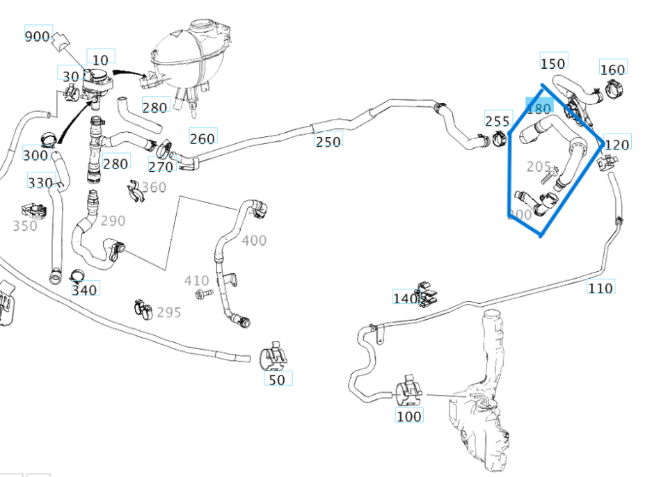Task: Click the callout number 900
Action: (x=38, y=36)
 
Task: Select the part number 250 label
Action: (x=328, y=141)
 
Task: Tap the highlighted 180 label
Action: (x=539, y=108)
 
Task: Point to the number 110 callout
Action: (x=600, y=287)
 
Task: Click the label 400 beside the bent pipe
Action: (x=254, y=241)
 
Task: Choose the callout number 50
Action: (x=277, y=380)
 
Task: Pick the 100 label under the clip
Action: (x=408, y=417)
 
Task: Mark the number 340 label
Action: (x=85, y=288)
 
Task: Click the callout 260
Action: (x=202, y=138)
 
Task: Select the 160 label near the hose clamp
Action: (x=612, y=69)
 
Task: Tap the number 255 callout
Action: (x=497, y=121)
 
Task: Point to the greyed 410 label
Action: (x=196, y=280)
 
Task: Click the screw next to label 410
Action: (x=202, y=295)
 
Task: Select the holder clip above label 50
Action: (x=274, y=357)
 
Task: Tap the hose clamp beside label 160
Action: (x=613, y=90)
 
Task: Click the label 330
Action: (x=40, y=182)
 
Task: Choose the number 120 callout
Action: (x=617, y=144)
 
